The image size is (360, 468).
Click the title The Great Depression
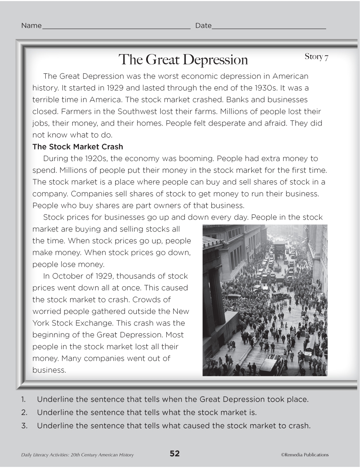[183, 60]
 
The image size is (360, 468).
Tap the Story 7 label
[316, 57]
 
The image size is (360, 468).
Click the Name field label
[31, 26]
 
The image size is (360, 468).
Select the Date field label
[203, 26]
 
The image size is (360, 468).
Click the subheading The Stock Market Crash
[78, 147]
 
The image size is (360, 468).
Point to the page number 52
[175, 454]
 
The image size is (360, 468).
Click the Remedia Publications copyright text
[305, 455]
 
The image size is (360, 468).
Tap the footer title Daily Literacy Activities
[77, 455]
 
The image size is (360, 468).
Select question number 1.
[23, 399]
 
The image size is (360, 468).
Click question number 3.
[24, 426]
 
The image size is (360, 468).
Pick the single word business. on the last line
[49, 370]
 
